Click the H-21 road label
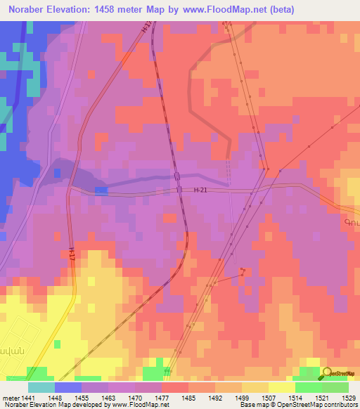pos(201,190)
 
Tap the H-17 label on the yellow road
pos(72,255)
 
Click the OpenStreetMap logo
pos(340,374)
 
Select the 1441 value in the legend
pos(28,397)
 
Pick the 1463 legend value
pos(108,397)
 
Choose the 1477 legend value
pos(162,397)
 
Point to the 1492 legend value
pos(215,397)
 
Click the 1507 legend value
pos(269,397)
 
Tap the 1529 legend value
pos(348,397)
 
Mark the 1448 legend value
pos(55,397)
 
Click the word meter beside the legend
pos(11,397)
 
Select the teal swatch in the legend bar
pos(41,387)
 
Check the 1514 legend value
pos(295,397)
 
